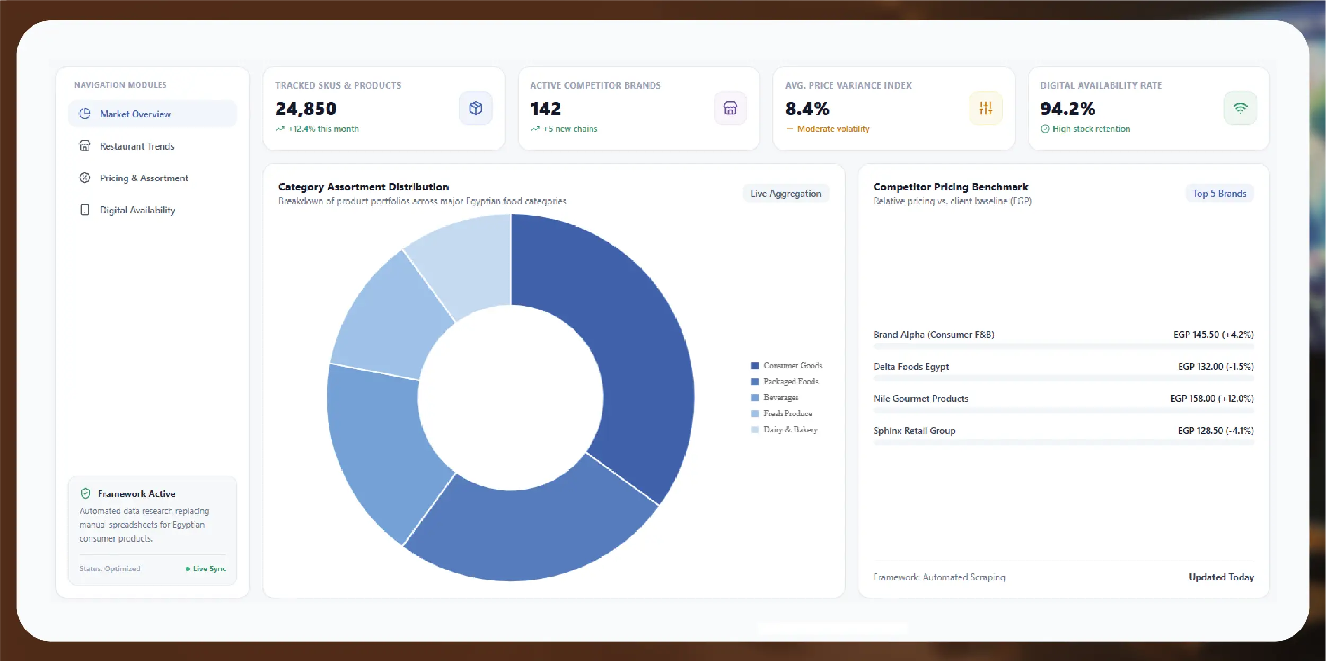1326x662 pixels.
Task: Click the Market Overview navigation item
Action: coord(152,114)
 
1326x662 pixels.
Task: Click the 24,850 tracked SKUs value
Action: coord(306,109)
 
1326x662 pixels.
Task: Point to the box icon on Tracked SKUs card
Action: coord(476,108)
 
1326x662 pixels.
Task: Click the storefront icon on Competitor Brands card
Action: coord(730,108)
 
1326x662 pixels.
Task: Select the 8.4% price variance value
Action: coord(807,109)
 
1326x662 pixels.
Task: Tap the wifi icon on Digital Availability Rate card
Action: coord(1240,108)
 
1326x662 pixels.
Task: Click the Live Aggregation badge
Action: coord(786,194)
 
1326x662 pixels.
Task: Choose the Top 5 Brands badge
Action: coord(1219,194)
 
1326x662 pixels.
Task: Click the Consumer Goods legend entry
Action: coord(787,365)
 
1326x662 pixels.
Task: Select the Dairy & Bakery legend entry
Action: coord(785,430)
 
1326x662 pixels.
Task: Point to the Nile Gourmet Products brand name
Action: coord(920,398)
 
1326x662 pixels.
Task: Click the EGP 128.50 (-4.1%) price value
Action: coord(1216,431)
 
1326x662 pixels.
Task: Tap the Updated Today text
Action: coord(1221,577)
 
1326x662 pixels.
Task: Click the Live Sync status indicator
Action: coord(206,569)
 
